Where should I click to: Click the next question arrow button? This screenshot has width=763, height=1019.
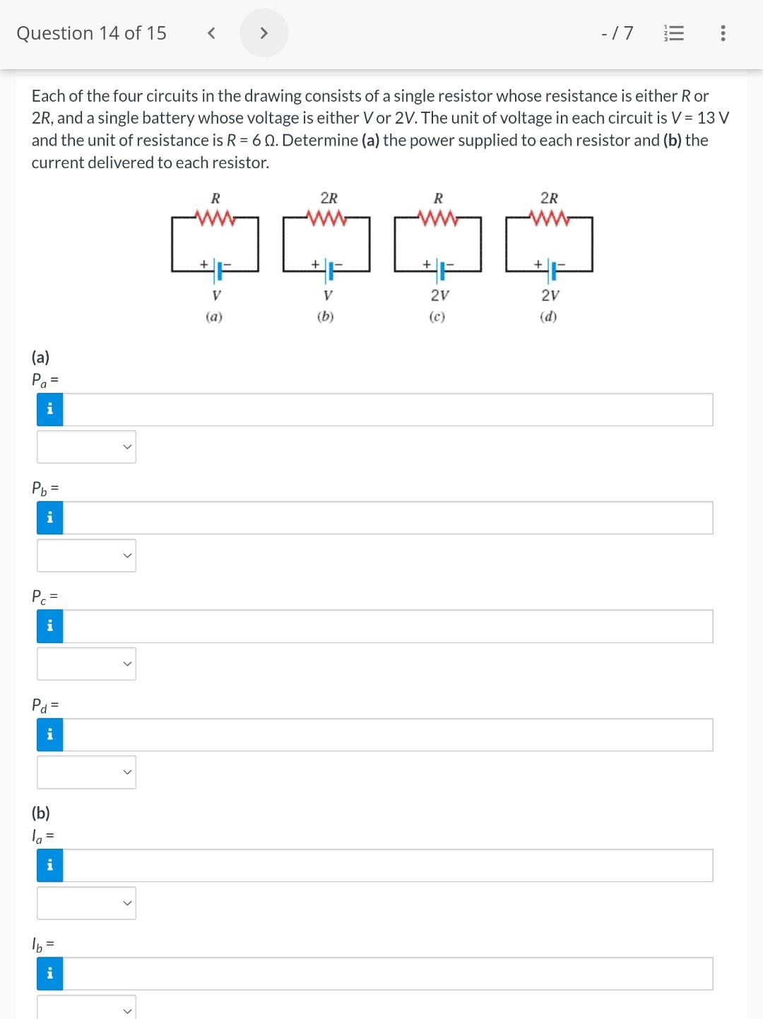click(264, 33)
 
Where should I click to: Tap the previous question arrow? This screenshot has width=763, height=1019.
click(210, 33)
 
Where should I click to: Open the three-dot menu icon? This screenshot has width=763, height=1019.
click(722, 33)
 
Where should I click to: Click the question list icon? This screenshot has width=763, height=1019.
click(675, 33)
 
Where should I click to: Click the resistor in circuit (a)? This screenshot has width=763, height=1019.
click(215, 218)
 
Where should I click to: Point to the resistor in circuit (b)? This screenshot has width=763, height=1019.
click(326, 218)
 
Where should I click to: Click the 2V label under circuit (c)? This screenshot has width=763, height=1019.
click(439, 295)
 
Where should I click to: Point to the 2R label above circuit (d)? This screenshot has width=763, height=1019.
click(549, 199)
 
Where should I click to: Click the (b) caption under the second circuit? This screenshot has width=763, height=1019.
click(325, 317)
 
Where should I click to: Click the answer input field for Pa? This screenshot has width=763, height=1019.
click(388, 410)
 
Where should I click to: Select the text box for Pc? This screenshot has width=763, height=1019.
click(388, 627)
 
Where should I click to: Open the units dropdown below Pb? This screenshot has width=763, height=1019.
click(86, 555)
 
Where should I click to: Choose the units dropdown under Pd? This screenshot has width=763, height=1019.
click(86, 772)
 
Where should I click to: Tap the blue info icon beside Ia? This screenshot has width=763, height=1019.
click(49, 866)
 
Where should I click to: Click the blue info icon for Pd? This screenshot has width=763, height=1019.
click(49, 735)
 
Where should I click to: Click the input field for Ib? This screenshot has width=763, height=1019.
click(388, 974)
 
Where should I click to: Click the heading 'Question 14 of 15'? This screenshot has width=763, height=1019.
click(91, 33)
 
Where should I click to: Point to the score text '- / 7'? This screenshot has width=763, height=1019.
click(617, 33)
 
